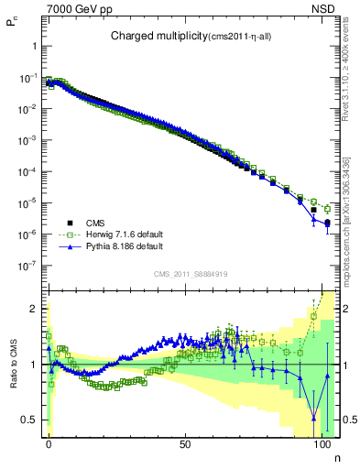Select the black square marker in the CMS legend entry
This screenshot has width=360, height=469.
pos(70,222)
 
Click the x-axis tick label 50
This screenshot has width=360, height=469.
pos(186,443)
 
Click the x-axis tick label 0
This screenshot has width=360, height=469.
pos(49,443)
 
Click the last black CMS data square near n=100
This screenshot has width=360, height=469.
pos(327,222)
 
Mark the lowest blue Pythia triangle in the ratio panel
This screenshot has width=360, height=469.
pos(314,420)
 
